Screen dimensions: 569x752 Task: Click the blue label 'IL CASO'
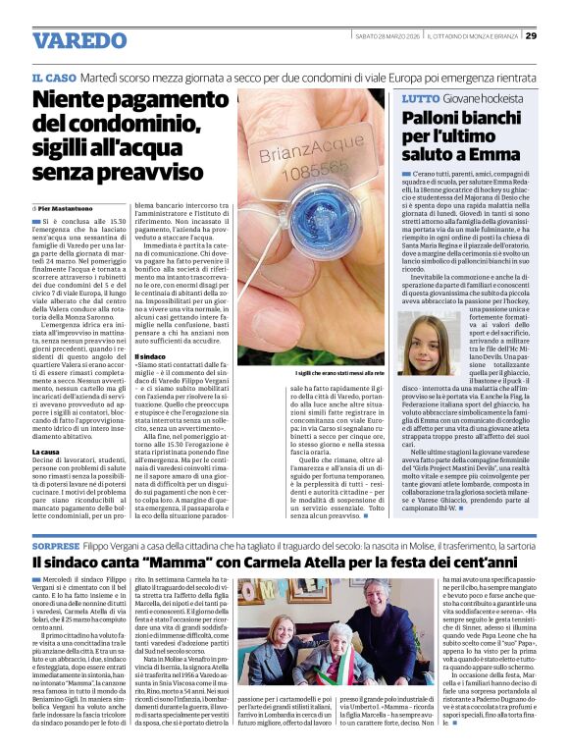coord(54,77)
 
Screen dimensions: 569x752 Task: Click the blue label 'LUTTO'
coord(421,99)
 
